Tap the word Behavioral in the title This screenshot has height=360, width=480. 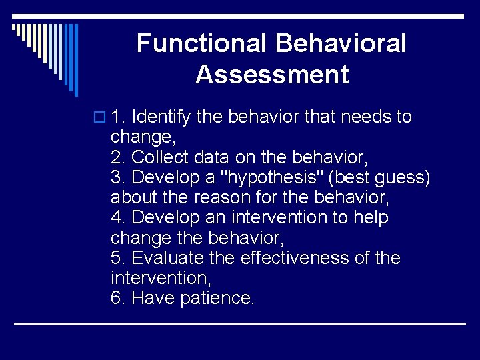point(339,44)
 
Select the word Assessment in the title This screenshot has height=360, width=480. point(272,75)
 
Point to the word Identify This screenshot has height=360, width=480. point(161,117)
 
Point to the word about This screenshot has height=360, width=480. point(134,198)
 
